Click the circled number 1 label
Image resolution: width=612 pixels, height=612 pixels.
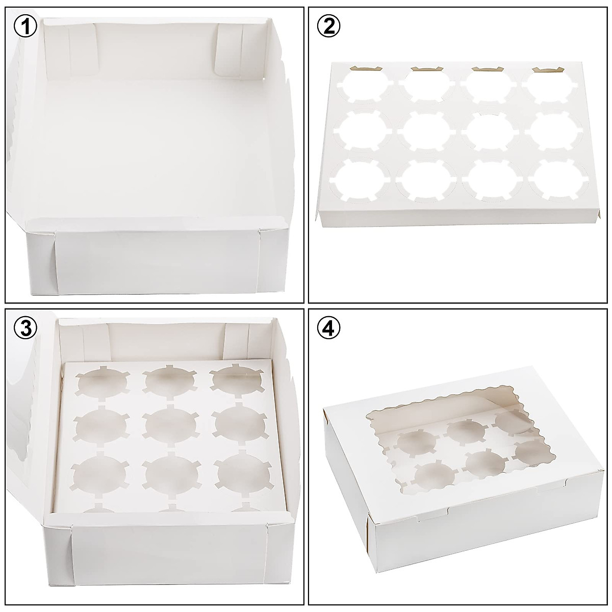pos(25,25)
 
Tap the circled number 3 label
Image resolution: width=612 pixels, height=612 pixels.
pos(25,328)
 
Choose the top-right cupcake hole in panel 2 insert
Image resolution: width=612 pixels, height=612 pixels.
pos(548,87)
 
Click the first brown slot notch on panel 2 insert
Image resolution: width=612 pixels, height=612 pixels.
pos(361,68)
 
